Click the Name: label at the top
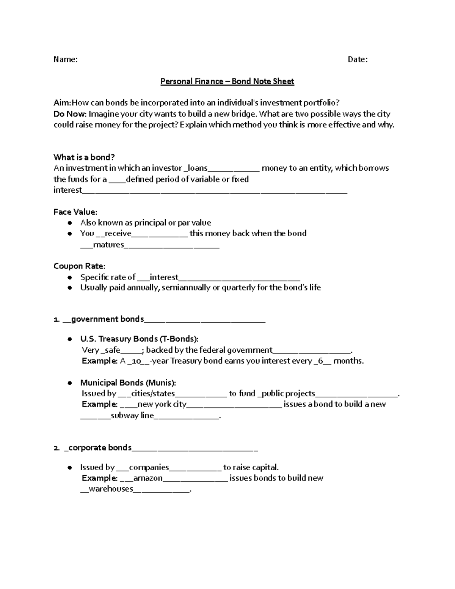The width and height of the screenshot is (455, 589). (66, 60)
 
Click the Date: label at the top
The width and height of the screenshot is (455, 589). (358, 60)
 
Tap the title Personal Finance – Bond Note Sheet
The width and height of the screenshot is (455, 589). (227, 82)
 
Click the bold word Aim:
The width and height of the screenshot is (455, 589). (62, 103)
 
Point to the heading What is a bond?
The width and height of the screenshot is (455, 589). (84, 157)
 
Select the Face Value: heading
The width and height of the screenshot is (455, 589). (75, 212)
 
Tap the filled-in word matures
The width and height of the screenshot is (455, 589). (108, 245)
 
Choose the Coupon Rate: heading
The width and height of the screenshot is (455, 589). (79, 266)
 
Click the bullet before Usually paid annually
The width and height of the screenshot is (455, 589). (69, 288)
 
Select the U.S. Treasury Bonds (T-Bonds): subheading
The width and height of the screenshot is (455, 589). (139, 339)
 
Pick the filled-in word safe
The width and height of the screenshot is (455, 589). (112, 350)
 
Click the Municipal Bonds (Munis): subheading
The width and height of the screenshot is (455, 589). (128, 383)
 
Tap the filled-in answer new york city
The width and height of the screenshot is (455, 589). (162, 404)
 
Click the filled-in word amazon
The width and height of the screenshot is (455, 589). (148, 478)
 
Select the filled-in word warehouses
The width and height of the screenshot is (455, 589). (111, 489)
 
